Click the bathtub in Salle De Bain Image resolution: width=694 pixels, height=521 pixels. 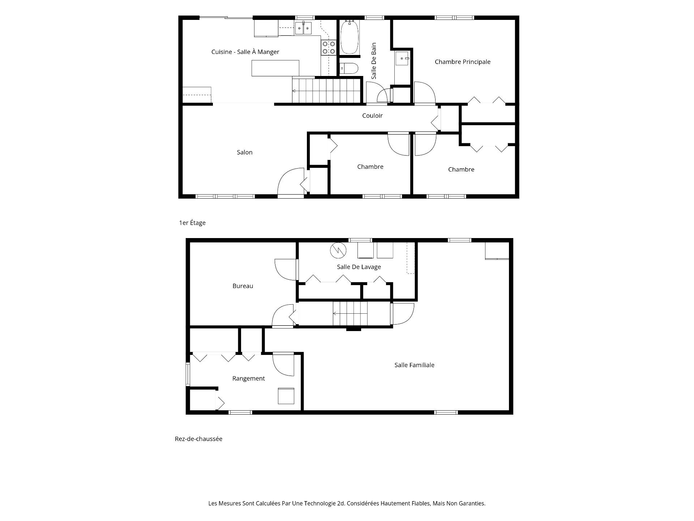tap(350, 37)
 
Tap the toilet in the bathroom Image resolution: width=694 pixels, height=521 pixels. tap(349, 68)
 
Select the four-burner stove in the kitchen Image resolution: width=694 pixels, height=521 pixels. tap(329, 48)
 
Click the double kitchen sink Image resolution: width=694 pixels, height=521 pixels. tap(303, 28)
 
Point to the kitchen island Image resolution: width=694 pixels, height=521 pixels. tap(275, 68)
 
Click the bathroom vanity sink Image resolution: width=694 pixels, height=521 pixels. tap(402, 58)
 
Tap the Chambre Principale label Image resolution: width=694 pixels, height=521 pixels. tap(462, 62)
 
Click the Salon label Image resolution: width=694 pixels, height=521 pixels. tap(245, 152)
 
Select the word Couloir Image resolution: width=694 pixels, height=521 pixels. tap(372, 115)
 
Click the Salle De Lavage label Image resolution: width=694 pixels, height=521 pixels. tap(359, 267)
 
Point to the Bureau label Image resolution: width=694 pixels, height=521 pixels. tap(243, 286)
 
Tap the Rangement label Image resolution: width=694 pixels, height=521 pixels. tap(249, 378)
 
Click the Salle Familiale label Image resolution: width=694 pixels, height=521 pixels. tap(414, 365)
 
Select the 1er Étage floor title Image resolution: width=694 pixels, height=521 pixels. tap(192, 223)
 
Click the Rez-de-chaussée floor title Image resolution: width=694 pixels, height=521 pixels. tap(198, 439)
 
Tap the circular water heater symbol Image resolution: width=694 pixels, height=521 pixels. tap(338, 250)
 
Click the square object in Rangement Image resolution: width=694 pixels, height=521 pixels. tap(286, 396)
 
